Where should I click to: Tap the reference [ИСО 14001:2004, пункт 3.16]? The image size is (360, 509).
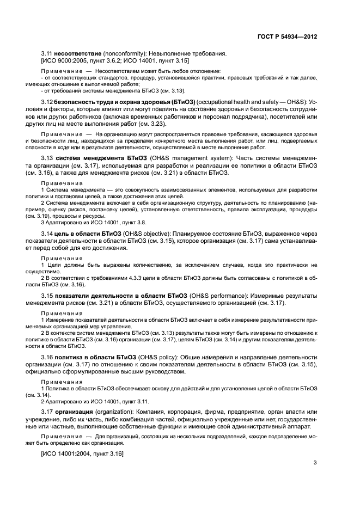pyautogui.click(x=82, y=453)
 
